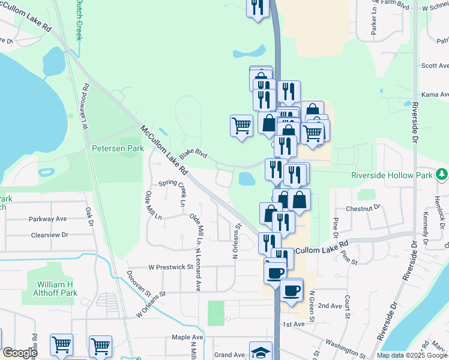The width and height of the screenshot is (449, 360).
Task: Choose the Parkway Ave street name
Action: pyautogui.click(x=47, y=219)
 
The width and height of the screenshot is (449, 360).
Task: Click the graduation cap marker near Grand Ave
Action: pyautogui.click(x=261, y=352)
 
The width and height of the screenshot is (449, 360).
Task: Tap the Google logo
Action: pyautogui.click(x=20, y=353)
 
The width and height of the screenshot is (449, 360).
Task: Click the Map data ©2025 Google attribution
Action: pyautogui.click(x=411, y=355)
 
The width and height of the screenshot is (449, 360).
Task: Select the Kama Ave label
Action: pyautogui.click(x=435, y=95)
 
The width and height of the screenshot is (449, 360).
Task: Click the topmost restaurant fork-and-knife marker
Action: pyautogui.click(x=258, y=7)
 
